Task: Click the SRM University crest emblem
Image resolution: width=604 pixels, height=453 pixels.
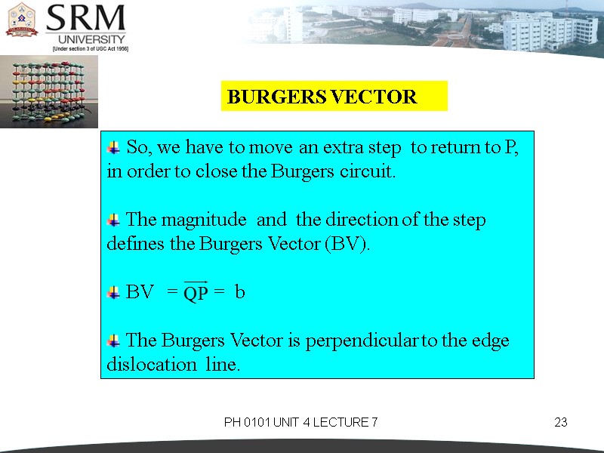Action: pyautogui.click(x=22, y=21)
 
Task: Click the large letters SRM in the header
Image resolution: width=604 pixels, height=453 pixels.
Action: pyautogui.click(x=86, y=19)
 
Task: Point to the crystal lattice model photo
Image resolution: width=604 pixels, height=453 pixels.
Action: pyautogui.click(x=39, y=91)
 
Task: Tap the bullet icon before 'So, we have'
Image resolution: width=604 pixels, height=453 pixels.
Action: pyautogui.click(x=114, y=146)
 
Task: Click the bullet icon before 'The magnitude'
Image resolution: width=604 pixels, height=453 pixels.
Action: pyautogui.click(x=114, y=220)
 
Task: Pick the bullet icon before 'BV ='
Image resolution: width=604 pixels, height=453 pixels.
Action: pyautogui.click(x=114, y=292)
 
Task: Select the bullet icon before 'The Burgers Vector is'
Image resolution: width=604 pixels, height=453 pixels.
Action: pyautogui.click(x=114, y=341)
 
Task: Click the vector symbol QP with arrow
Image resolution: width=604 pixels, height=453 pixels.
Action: pyautogui.click(x=196, y=292)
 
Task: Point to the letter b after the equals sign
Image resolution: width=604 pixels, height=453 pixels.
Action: pyautogui.click(x=239, y=292)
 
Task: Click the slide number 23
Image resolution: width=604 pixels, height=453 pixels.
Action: pyautogui.click(x=560, y=422)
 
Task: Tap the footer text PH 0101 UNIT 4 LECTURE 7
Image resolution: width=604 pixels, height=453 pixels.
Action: pyautogui.click(x=300, y=422)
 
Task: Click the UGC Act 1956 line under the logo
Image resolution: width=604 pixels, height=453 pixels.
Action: pyautogui.click(x=90, y=48)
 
